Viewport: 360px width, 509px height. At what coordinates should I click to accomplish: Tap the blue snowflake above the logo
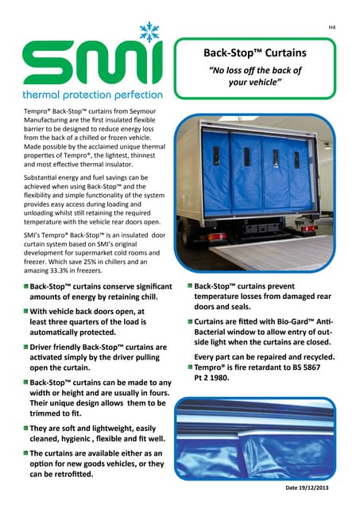click(x=149, y=33)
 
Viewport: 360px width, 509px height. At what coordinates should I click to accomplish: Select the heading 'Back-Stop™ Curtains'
click(x=255, y=54)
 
